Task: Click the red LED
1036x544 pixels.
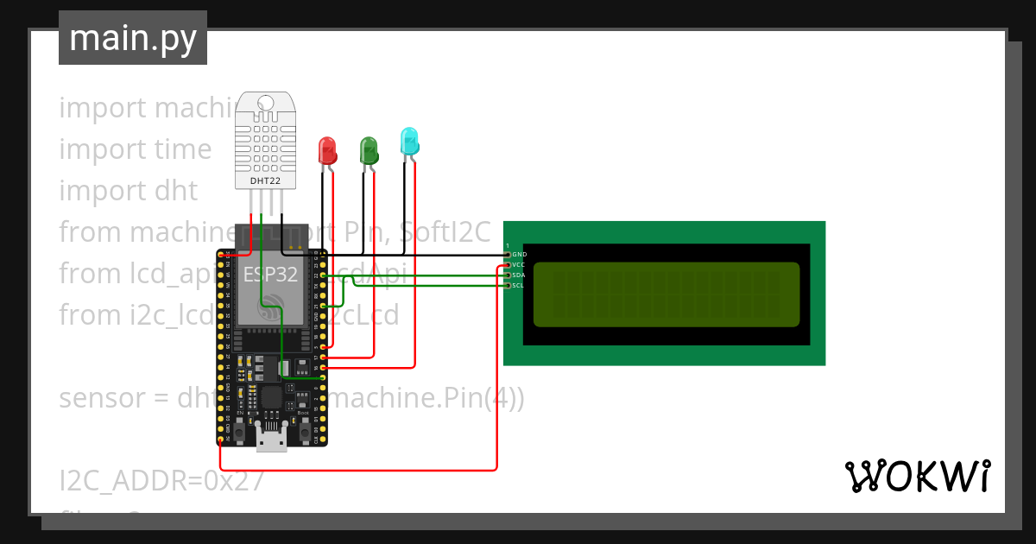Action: tap(327, 150)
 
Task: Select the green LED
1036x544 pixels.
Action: tap(369, 150)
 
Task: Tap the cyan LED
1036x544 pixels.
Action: tap(409, 142)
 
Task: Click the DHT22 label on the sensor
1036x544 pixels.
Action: tap(265, 180)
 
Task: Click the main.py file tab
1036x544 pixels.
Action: tap(132, 38)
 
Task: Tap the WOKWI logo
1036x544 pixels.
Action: tap(917, 476)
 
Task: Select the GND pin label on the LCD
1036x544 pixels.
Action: tap(519, 255)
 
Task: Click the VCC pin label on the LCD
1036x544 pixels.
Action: tap(519, 265)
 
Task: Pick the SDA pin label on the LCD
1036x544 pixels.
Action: tap(519, 275)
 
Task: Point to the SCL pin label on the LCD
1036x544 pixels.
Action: tap(519, 285)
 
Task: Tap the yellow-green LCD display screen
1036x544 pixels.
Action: tap(666, 294)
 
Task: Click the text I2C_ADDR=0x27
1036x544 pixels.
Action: tap(161, 480)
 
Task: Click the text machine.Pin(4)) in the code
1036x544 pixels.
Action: tap(427, 398)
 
